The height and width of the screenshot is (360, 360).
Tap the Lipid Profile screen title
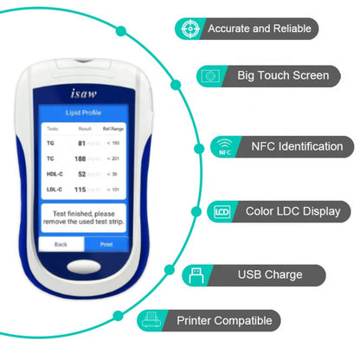[85, 113]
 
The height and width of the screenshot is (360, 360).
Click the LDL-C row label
[53, 190]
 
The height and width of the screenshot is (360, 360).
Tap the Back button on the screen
[60, 244]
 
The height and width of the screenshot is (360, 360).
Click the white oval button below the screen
[84, 270]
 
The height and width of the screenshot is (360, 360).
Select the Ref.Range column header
[114, 128]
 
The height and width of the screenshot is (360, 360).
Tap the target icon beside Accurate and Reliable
[190, 29]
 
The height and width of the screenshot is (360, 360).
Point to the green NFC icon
[224, 146]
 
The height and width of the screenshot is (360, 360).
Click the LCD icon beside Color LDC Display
[221, 210]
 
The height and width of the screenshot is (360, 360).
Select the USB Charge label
[270, 275]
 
